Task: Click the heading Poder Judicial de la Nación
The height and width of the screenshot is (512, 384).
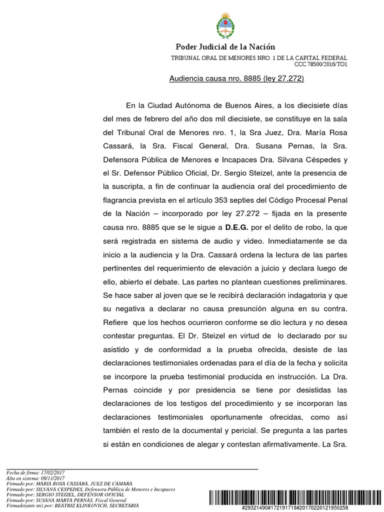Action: tap(225, 47)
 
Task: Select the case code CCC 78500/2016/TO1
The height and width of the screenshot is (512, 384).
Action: tap(325, 64)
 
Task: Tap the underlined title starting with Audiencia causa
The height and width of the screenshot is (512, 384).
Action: tap(237, 78)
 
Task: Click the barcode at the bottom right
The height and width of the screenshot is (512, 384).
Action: tap(293, 497)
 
